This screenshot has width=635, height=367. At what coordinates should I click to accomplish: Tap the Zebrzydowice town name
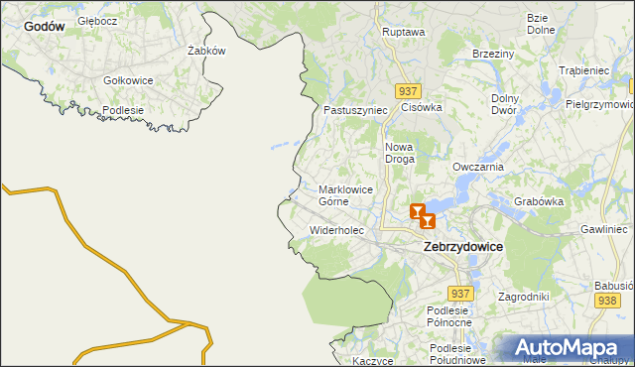click(x=462, y=246)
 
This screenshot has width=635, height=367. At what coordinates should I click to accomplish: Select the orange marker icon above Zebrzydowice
click(x=422, y=214)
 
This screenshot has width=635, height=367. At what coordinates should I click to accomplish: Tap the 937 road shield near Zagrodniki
click(x=459, y=294)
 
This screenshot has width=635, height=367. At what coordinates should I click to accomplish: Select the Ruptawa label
click(x=403, y=32)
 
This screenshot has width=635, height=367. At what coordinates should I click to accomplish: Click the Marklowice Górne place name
click(x=345, y=194)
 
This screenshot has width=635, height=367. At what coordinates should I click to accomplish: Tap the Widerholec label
click(x=337, y=230)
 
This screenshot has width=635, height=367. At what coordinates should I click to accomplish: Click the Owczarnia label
click(x=478, y=168)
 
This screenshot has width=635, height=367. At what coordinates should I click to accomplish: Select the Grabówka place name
click(x=539, y=201)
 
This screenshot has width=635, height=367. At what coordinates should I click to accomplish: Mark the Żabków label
click(x=206, y=51)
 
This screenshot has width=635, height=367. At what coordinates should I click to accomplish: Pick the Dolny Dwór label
click(x=506, y=105)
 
